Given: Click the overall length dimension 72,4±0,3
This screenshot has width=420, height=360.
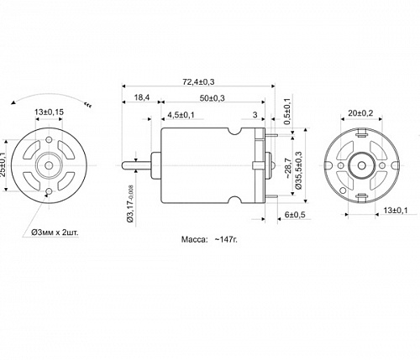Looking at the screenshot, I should click(x=197, y=81).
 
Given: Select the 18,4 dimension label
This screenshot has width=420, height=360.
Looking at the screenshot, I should click(x=142, y=98).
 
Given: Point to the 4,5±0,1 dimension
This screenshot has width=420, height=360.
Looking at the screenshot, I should click(x=181, y=114).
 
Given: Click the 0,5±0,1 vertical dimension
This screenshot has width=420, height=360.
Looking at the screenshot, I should click(x=287, y=112).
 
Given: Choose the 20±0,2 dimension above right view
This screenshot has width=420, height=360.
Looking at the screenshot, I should click(x=362, y=112).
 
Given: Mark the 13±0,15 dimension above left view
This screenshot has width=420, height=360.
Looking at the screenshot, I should click(x=50, y=111).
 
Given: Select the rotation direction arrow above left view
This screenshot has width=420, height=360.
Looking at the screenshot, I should click(x=50, y=94).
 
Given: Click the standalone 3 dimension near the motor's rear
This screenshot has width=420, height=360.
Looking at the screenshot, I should click(x=254, y=114).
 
